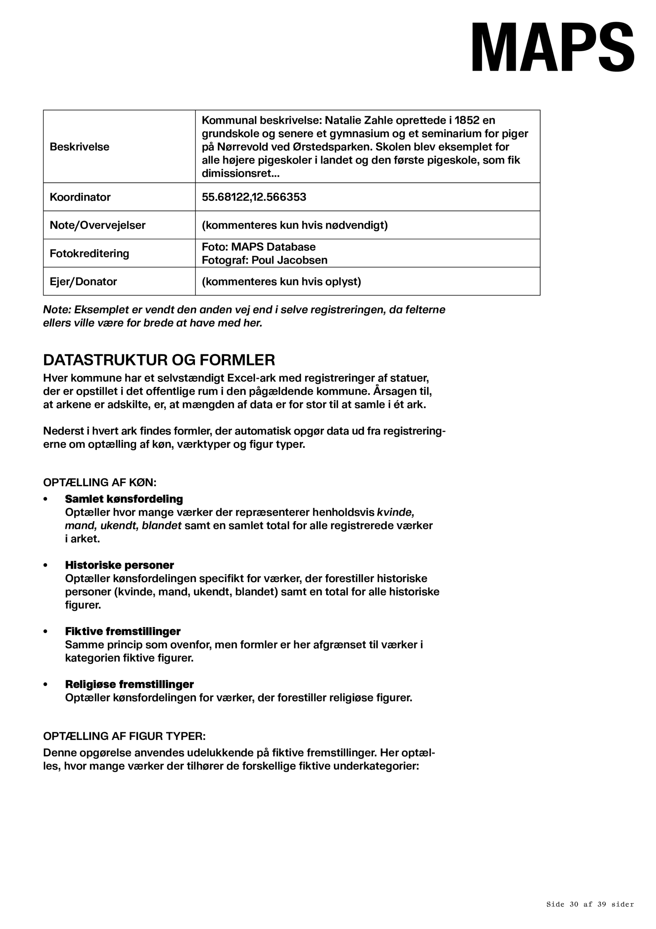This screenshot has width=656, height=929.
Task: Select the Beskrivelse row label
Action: pyautogui.click(x=79, y=147)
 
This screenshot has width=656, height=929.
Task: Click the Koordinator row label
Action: pyautogui.click(x=80, y=197)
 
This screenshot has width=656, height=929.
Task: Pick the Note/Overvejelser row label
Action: pyautogui.click(x=97, y=225)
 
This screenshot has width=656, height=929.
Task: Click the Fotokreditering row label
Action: pyautogui.click(x=89, y=253)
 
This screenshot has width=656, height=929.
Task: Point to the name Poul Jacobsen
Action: pyautogui.click(x=289, y=260)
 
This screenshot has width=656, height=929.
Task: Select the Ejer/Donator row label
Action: pyautogui.click(x=83, y=282)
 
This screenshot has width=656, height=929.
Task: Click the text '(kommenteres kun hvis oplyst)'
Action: pyautogui.click(x=281, y=282)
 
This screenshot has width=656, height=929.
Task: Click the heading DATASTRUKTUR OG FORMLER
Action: pyautogui.click(x=159, y=360)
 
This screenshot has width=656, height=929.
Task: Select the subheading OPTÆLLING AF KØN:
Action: pyautogui.click(x=100, y=482)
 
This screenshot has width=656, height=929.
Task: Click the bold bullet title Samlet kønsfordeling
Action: pyautogui.click(x=124, y=499)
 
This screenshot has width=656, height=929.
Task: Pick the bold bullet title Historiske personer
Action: pyautogui.click(x=120, y=565)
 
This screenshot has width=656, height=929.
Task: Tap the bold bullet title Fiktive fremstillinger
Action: pyautogui.click(x=123, y=631)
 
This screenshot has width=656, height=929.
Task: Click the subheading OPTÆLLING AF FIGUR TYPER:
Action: pyautogui.click(x=124, y=736)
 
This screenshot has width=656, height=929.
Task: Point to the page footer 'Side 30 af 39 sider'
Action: pyautogui.click(x=590, y=904)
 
